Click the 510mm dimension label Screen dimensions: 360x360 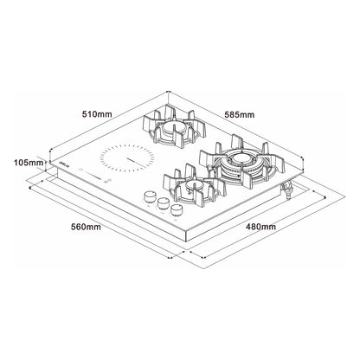click(97, 114)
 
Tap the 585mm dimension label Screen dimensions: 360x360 click(240, 115)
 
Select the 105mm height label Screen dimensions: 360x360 click(29, 163)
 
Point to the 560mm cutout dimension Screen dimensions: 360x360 click(86, 227)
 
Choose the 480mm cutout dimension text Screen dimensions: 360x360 click(260, 227)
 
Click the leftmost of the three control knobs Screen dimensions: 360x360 click(150, 197)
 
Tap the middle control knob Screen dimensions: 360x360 click(163, 202)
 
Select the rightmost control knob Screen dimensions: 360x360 click(176, 209)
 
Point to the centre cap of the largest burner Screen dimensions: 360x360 click(240, 157)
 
